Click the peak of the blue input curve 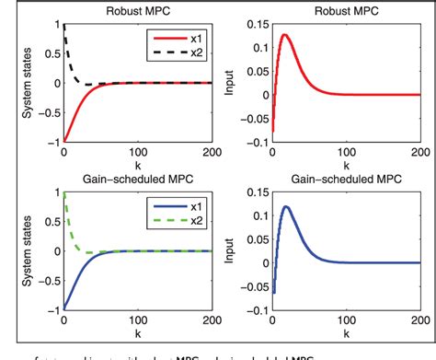(285, 206)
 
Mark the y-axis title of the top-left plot (15, 83)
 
